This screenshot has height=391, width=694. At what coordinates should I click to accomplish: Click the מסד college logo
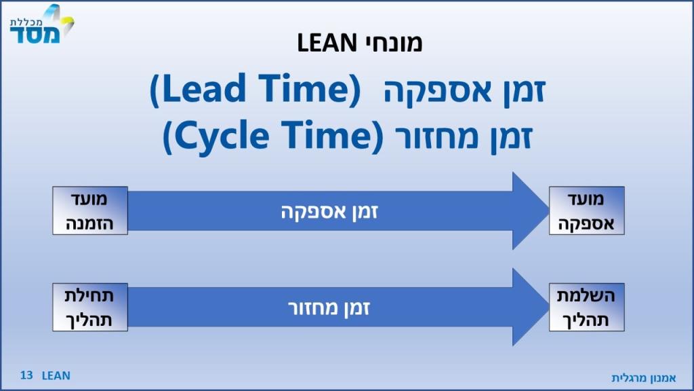[x=41, y=24]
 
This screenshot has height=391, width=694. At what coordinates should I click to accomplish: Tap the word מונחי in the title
[x=394, y=43]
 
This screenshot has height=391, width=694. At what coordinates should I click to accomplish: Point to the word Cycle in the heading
[x=222, y=135]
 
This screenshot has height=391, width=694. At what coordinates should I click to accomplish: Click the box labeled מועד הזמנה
[x=90, y=210]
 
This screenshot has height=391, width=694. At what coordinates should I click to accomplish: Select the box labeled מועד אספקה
[x=586, y=210]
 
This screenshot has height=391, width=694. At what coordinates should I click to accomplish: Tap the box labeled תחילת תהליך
[x=90, y=308]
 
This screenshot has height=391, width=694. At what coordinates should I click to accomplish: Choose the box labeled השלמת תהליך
[x=586, y=308]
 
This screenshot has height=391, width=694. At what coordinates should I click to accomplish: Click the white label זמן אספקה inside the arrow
[x=329, y=212]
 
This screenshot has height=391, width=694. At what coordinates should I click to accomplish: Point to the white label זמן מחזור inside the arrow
[x=329, y=308]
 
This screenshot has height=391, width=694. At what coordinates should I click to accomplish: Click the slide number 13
[x=26, y=375]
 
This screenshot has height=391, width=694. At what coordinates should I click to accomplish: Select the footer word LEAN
[x=56, y=375]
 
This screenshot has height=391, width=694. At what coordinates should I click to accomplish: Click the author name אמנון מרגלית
[x=644, y=377]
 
